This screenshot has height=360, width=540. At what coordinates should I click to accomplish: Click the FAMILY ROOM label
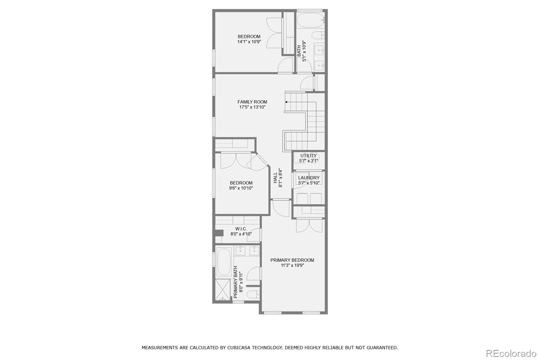pos(252,102)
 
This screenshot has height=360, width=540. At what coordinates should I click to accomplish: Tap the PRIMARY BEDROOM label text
pos(292,260)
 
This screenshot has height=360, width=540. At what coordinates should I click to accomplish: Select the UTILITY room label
pos(308,156)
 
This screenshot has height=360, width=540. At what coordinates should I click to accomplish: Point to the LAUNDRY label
pos(309,178)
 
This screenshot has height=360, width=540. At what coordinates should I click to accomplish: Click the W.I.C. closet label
pos(241,229)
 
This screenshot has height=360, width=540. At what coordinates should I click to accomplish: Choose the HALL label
pos(275,178)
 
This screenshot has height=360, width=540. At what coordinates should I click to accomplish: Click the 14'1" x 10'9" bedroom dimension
pos(249,42)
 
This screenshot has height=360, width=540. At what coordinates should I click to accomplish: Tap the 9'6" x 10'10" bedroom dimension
pos(241,188)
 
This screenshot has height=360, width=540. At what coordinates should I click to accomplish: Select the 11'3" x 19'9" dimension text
pos(292,265)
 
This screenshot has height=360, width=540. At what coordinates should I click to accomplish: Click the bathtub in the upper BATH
pos(310,20)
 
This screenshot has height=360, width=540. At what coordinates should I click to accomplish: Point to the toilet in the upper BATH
pos(318,35)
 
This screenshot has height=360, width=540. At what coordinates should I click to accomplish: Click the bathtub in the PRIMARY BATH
pos(224,262)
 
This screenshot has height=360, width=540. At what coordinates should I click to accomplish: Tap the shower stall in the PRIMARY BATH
pos(222,290)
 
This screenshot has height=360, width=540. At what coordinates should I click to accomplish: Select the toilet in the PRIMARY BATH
pos(253,294)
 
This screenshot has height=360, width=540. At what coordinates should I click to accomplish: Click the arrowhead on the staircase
pos(286,102)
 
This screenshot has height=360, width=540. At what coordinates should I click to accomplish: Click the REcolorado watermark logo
pos(511,354)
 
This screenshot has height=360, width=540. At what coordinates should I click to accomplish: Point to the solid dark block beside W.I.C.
pos(219,233)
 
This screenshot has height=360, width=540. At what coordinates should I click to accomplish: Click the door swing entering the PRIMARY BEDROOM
pos(281,208)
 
